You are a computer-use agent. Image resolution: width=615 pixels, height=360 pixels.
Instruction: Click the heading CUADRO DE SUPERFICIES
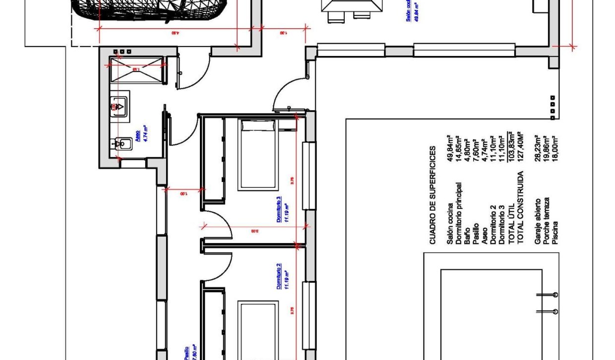pos(432,195)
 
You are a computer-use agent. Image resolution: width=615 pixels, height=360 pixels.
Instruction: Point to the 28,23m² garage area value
pos(535,148)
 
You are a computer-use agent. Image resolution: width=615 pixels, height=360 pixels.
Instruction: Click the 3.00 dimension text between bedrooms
pos(254,231)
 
